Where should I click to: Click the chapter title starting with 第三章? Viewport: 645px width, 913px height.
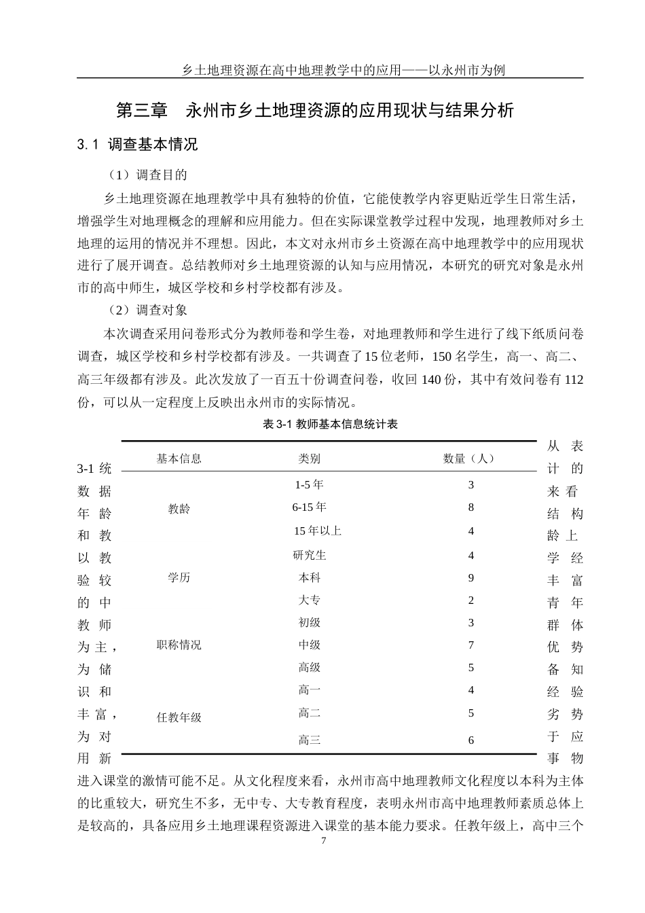[316, 111]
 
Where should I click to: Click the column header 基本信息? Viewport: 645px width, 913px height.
[179, 459]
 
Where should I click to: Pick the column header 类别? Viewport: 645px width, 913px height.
[309, 459]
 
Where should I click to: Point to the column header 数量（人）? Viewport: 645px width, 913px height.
[470, 459]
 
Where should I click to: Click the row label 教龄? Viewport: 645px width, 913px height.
[179, 508]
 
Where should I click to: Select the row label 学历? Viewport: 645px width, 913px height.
[179, 577]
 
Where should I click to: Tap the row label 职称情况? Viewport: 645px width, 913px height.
[179, 645]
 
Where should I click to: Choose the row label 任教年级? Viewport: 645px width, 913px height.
[179, 717]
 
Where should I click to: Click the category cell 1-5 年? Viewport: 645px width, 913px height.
[309, 485]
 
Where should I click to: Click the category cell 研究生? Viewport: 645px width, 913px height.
[309, 555]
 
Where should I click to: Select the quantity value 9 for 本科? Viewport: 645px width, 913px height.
[471, 578]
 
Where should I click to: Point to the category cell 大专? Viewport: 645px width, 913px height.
[309, 601]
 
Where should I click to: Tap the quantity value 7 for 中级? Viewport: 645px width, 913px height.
[471, 645]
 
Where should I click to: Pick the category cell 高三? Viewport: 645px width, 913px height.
[309, 740]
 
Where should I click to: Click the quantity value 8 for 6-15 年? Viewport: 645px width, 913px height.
[471, 507]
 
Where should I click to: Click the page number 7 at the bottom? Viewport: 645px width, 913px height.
[323, 840]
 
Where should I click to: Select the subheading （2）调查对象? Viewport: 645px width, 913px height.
[147, 310]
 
